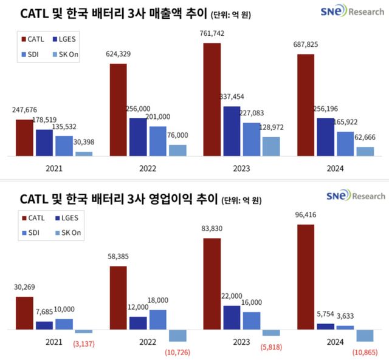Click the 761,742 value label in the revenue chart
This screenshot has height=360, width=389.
212,35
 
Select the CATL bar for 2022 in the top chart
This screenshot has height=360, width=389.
118,109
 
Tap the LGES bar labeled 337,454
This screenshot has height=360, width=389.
232,131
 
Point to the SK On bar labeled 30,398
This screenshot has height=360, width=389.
84,154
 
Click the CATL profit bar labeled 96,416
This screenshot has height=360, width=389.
306,277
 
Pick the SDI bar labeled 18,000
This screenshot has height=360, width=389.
157,319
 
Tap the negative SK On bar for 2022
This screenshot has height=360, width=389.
177,335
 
